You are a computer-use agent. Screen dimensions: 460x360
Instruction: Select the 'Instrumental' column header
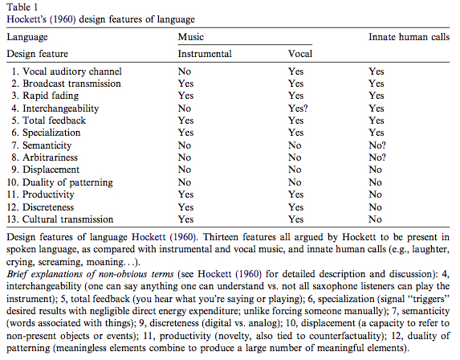coord(204,54)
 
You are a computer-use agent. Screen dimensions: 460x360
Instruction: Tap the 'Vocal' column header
coord(300,54)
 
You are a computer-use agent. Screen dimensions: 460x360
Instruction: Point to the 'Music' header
coord(191,37)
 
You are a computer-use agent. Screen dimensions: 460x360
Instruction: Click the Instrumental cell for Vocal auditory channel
coord(185,72)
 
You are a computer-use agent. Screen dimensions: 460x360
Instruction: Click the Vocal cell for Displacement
coord(295,170)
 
